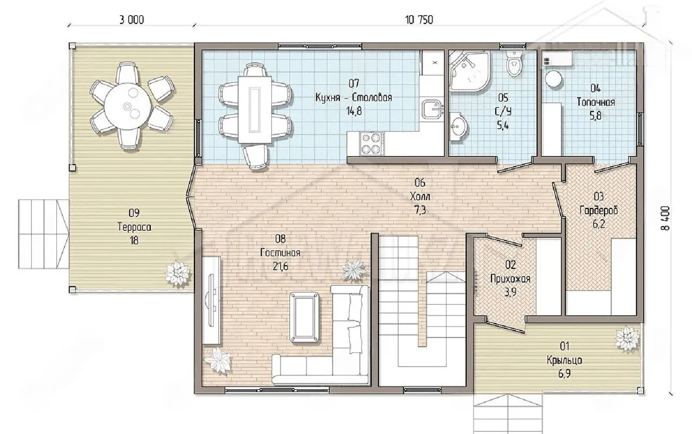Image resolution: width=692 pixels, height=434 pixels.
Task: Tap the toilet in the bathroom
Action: click(x=514, y=63)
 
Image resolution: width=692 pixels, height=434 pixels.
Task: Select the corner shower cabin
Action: click(x=469, y=71)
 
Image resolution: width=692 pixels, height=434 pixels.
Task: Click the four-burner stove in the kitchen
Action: click(x=371, y=144)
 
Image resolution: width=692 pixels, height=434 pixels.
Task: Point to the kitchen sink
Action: click(x=433, y=109)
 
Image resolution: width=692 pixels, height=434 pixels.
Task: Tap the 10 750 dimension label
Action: click(x=419, y=20)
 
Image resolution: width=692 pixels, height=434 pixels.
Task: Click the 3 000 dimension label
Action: click(x=131, y=20)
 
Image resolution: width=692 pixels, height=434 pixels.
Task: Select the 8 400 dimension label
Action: click(x=665, y=218)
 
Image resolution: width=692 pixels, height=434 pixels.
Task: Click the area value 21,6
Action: click(x=281, y=266)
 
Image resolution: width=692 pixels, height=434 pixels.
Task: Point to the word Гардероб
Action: click(x=598, y=211)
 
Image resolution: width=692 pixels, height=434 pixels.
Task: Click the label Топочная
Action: click(x=596, y=102)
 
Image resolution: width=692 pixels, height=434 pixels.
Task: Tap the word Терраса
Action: click(x=135, y=227)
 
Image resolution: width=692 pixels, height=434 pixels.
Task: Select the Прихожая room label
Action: click(x=510, y=279)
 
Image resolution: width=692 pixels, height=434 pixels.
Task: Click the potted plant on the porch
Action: click(x=627, y=338)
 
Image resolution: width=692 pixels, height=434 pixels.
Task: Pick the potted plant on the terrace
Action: click(x=177, y=273)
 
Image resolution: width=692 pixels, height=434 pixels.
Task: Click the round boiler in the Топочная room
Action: click(x=553, y=79)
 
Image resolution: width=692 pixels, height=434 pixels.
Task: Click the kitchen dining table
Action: click(x=255, y=110)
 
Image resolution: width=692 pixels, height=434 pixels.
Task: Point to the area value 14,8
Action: click(x=354, y=111)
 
